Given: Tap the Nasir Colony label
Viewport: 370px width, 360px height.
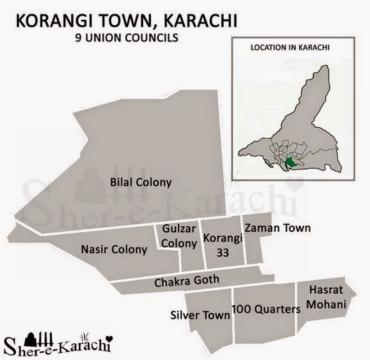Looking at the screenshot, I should tap(114, 249).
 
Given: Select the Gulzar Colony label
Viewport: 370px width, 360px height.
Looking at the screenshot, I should tap(179, 236).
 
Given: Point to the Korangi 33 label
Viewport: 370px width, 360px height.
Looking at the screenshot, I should tap(223, 245).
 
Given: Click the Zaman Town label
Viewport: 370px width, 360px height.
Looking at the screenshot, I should tap(278, 228).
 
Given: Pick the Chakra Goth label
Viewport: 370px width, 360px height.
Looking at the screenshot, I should tap(186, 282).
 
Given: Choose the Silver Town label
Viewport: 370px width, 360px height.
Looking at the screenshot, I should tap(200, 315).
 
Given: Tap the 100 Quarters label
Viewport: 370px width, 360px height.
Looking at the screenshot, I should tap(266, 310).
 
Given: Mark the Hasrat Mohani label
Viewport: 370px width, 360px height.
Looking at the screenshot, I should tap(327, 298).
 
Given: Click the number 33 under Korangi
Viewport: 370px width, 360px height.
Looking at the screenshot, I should tap(223, 253).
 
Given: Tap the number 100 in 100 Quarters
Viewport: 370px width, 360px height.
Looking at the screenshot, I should tap(240, 310).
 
